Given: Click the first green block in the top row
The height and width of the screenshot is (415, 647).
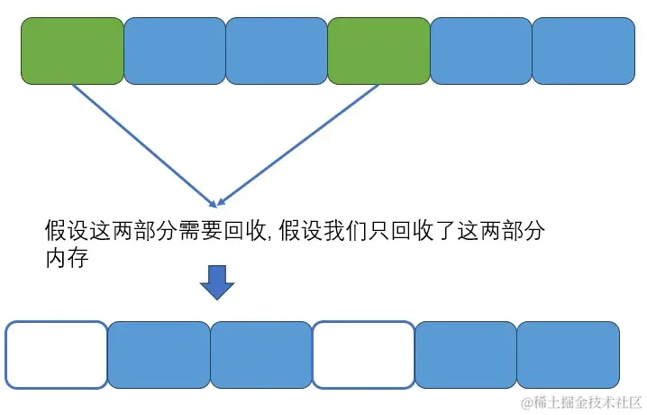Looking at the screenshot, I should (72, 51).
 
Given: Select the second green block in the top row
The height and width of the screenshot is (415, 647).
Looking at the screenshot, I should (378, 51).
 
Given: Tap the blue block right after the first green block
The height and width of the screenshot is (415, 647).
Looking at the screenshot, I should (174, 51).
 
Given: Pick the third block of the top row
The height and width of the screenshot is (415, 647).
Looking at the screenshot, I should (277, 51).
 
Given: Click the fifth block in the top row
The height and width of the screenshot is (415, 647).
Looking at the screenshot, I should (481, 51).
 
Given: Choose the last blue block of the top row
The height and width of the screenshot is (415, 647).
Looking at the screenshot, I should (583, 51).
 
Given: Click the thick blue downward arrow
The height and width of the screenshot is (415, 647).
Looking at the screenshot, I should (216, 282).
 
